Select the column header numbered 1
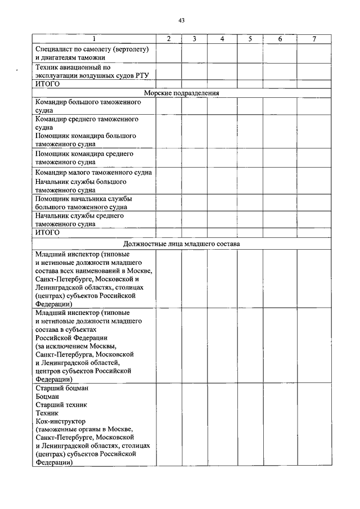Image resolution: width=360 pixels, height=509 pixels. [93, 39]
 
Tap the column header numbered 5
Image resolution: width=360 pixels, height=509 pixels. [250, 39]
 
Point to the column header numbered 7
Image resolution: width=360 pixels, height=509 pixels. [314, 39]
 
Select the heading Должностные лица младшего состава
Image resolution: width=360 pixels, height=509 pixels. [181, 245]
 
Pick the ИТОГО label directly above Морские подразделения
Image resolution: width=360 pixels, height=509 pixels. [47, 84]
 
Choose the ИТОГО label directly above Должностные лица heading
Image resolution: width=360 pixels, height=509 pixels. [47, 232]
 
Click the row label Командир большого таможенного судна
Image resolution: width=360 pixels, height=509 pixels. [87, 102]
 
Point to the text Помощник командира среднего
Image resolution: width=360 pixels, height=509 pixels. [84, 154]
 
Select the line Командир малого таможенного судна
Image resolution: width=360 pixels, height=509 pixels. [93, 173]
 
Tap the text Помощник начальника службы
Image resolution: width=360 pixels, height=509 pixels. [83, 199]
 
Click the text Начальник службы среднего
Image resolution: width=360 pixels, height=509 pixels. [79, 215]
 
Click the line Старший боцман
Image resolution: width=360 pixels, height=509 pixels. [62, 389]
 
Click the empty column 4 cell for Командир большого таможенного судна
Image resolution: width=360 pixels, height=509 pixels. [222, 107]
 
